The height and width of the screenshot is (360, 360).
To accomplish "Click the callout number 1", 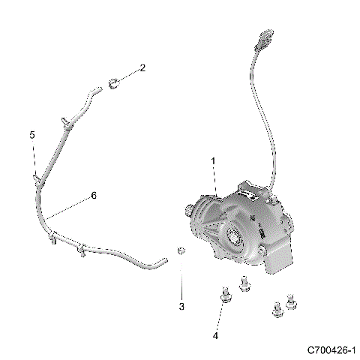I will coord(213,161).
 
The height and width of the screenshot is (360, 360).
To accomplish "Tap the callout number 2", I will coord(142,68).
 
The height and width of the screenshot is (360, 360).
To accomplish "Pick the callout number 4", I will coord(215,336).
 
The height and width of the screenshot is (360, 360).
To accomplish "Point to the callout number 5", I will coord(32,135).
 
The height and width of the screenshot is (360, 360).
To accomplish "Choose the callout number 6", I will coord(94,196).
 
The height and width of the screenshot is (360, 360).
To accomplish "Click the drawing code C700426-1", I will coord(331,350).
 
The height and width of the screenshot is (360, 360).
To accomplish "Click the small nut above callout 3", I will coord(181,250).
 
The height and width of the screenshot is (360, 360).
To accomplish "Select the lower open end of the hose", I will coord(161,260).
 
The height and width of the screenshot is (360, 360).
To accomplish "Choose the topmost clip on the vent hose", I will coord(67,122).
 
